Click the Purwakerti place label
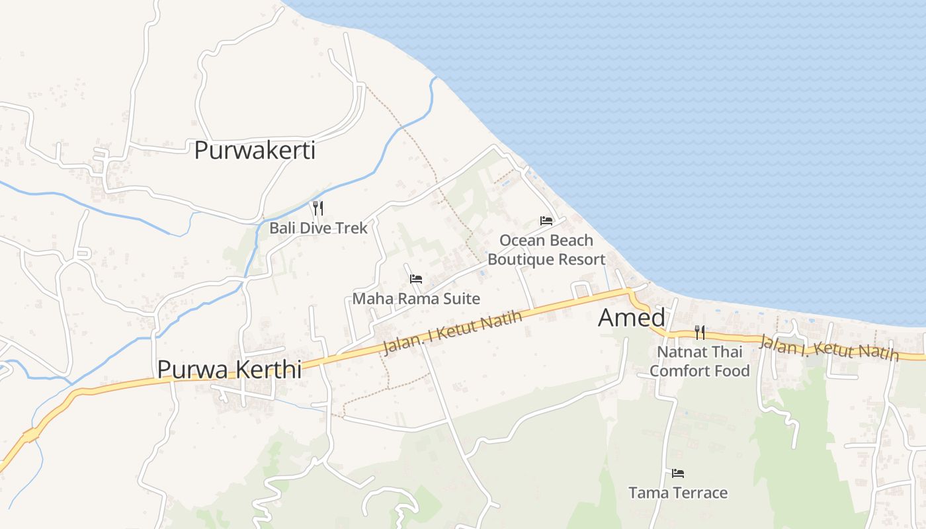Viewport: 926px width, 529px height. (255, 151)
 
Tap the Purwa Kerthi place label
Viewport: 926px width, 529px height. (229, 369)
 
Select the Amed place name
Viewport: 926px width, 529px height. (631, 318)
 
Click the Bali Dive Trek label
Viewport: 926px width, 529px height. (318, 228)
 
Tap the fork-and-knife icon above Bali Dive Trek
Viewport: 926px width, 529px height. (318, 208)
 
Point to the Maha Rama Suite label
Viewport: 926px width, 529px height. (416, 299)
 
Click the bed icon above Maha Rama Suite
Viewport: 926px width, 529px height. (416, 279)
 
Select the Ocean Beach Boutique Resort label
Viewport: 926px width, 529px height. (546, 250)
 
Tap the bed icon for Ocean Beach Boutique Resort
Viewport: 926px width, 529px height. (546, 221)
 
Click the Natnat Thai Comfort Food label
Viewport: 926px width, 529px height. (700, 361)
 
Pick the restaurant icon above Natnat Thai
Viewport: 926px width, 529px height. (700, 332)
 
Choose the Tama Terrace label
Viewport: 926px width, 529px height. (678, 493)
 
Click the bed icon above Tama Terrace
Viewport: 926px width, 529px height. (678, 473)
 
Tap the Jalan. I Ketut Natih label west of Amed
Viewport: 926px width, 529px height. (452, 333)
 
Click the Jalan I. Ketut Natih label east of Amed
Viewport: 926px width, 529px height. (829, 348)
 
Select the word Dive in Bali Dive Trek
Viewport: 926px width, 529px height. (315, 228)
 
